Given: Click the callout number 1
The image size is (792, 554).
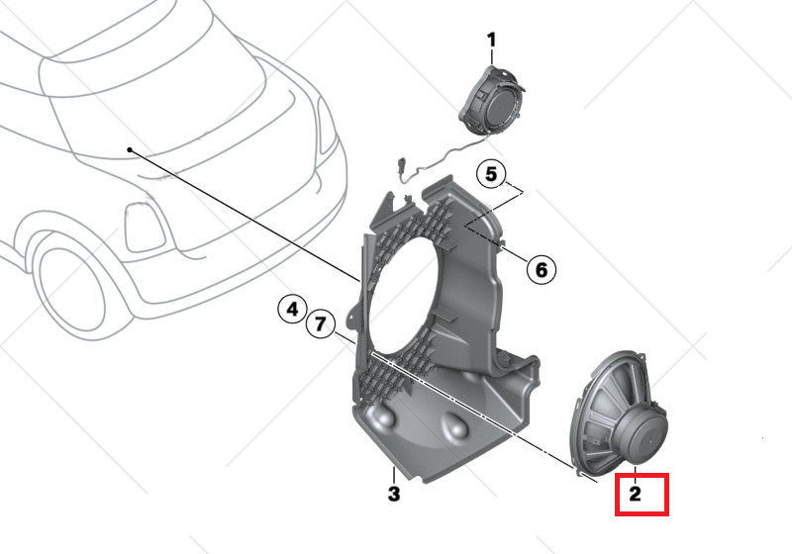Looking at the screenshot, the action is tap(491, 40).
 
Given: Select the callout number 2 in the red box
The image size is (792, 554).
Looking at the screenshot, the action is tap(635, 494).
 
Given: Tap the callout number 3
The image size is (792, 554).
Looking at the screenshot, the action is tap(394, 494).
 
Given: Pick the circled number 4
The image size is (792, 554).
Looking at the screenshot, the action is tap(292, 310).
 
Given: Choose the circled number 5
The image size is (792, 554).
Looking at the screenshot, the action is tap(491, 174).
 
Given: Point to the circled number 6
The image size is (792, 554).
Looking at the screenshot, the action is tap(541, 270).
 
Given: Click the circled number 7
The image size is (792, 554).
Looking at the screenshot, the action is tap(320, 323).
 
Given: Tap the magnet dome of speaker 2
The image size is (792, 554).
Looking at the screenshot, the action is tap(642, 435).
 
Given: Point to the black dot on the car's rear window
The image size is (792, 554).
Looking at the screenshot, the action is tap(130, 149).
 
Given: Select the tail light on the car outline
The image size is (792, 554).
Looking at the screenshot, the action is tap(145, 227).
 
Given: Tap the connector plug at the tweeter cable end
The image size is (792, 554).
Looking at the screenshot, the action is tap(401, 168).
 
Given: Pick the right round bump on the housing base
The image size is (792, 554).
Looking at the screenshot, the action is tap(456, 425).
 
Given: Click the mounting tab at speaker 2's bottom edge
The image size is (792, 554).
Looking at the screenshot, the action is tap(578, 472).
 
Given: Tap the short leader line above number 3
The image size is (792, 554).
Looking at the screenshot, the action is tap(394, 475).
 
